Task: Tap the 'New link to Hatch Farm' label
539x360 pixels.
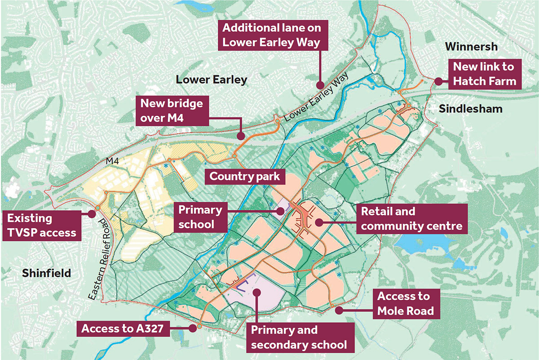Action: click(483, 74)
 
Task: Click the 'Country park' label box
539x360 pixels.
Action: click(245, 176)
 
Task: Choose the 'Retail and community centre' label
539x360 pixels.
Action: click(412, 218)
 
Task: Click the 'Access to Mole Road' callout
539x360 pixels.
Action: click(403, 303)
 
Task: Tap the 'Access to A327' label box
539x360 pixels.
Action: click(125, 329)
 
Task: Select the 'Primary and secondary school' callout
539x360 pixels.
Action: click(299, 338)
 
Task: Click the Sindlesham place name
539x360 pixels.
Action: click(470, 109)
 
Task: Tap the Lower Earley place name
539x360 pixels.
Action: click(211, 80)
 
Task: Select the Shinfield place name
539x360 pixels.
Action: click(46, 273)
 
